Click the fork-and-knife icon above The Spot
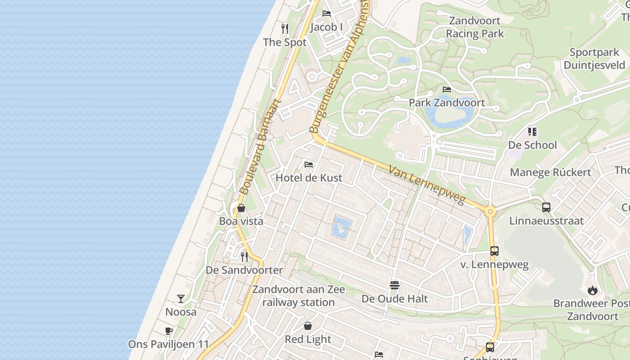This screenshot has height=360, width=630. point(284,29)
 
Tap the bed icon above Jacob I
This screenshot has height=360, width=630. point(327,13)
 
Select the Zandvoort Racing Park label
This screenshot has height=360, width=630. point(475,27)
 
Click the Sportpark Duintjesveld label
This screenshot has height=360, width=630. point(594,58)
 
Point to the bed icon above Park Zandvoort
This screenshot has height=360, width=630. point(447,90)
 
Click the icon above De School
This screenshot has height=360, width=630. point(532,132)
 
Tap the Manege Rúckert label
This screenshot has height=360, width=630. point(550,172)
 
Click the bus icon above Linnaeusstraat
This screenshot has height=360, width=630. point(546,207)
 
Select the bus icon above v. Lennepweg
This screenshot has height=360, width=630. point(495,251)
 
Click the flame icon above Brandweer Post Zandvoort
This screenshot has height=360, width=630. point(593,290)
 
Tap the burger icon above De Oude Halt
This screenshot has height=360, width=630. point(395,285)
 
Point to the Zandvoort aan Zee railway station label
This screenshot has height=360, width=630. point(298,296)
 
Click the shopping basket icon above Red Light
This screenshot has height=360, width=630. point(308,326)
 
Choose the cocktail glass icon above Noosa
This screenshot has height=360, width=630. point(181,298)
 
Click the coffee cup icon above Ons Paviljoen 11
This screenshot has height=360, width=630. point(169,331)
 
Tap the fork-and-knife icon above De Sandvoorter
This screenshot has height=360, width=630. point(244,257)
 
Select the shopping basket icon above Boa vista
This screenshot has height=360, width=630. point(241,208)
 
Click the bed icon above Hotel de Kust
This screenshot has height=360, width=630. point(309,164)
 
